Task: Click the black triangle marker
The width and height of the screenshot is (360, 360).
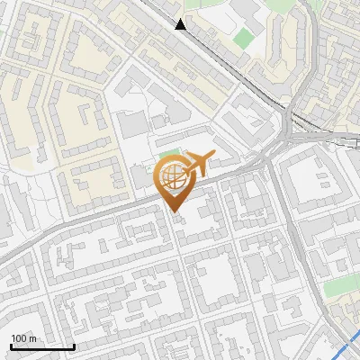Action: click(x=181, y=24)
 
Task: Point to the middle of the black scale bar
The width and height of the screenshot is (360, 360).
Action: click(x=42, y=346)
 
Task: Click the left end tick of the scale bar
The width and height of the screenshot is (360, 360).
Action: click(x=11, y=346)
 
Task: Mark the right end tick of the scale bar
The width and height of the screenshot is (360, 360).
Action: click(x=74, y=346)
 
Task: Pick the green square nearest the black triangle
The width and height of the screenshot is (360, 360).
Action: click(x=244, y=39)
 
